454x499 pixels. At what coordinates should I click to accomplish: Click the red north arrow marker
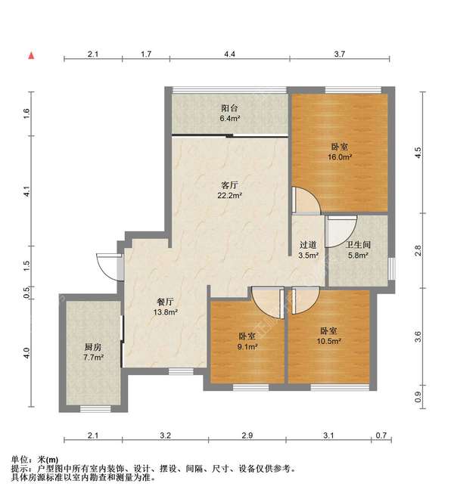click(31, 56)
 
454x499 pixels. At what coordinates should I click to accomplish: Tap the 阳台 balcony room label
click(229, 108)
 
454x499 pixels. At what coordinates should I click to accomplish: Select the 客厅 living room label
click(229, 185)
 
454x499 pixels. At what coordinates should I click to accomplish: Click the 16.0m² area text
click(340, 157)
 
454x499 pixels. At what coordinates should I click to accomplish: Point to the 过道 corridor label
click(309, 245)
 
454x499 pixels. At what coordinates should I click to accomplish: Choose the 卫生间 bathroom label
click(358, 245)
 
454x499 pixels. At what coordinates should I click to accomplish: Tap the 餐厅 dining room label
click(166, 302)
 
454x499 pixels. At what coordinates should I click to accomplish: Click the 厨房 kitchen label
click(93, 347)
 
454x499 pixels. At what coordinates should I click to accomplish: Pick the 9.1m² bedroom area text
click(247, 346)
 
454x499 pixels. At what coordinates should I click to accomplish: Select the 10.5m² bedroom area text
click(329, 341)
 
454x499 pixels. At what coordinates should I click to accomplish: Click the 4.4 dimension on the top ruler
click(229, 54)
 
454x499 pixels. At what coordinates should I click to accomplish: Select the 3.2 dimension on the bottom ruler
click(166, 435)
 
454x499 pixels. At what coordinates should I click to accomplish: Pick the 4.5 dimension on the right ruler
click(418, 153)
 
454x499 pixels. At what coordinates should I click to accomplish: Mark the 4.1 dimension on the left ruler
click(26, 191)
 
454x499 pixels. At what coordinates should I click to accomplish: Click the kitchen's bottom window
click(95, 409)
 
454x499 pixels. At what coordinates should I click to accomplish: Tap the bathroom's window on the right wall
click(391, 269)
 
